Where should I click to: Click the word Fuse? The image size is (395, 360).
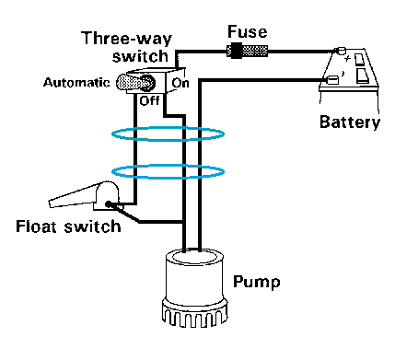pyautogui.click(x=248, y=32)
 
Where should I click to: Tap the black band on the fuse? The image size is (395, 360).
pyautogui.click(x=237, y=51)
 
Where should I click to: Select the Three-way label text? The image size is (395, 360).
pyautogui.click(x=127, y=39)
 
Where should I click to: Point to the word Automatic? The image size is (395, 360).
pyautogui.click(x=76, y=83)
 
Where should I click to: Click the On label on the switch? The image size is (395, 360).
pyautogui.click(x=180, y=83)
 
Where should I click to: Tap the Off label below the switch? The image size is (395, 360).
pyautogui.click(x=149, y=100)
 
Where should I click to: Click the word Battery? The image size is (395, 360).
pyautogui.click(x=350, y=122)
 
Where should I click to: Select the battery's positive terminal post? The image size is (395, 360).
pyautogui.click(x=340, y=50)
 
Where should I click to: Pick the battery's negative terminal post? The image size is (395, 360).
pyautogui.click(x=331, y=80)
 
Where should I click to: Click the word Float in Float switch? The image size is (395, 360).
pyautogui.click(x=37, y=226)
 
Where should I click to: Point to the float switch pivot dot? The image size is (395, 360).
pyautogui.click(x=109, y=204)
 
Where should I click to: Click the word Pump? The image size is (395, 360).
pyautogui.click(x=257, y=282)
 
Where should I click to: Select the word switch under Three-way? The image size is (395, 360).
pyautogui.click(x=140, y=56)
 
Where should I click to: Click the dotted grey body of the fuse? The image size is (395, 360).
pyautogui.click(x=255, y=51)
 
